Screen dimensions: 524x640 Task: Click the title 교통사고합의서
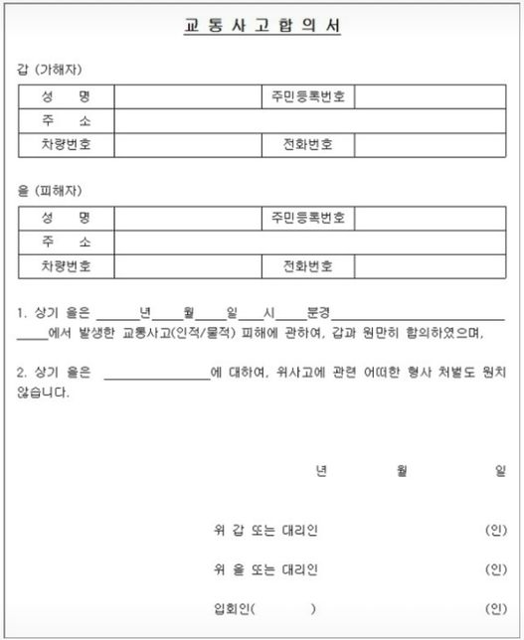(x=263, y=27)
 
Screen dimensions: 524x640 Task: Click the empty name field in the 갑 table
(x=186, y=97)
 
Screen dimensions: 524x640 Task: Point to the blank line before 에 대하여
(x=156, y=375)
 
